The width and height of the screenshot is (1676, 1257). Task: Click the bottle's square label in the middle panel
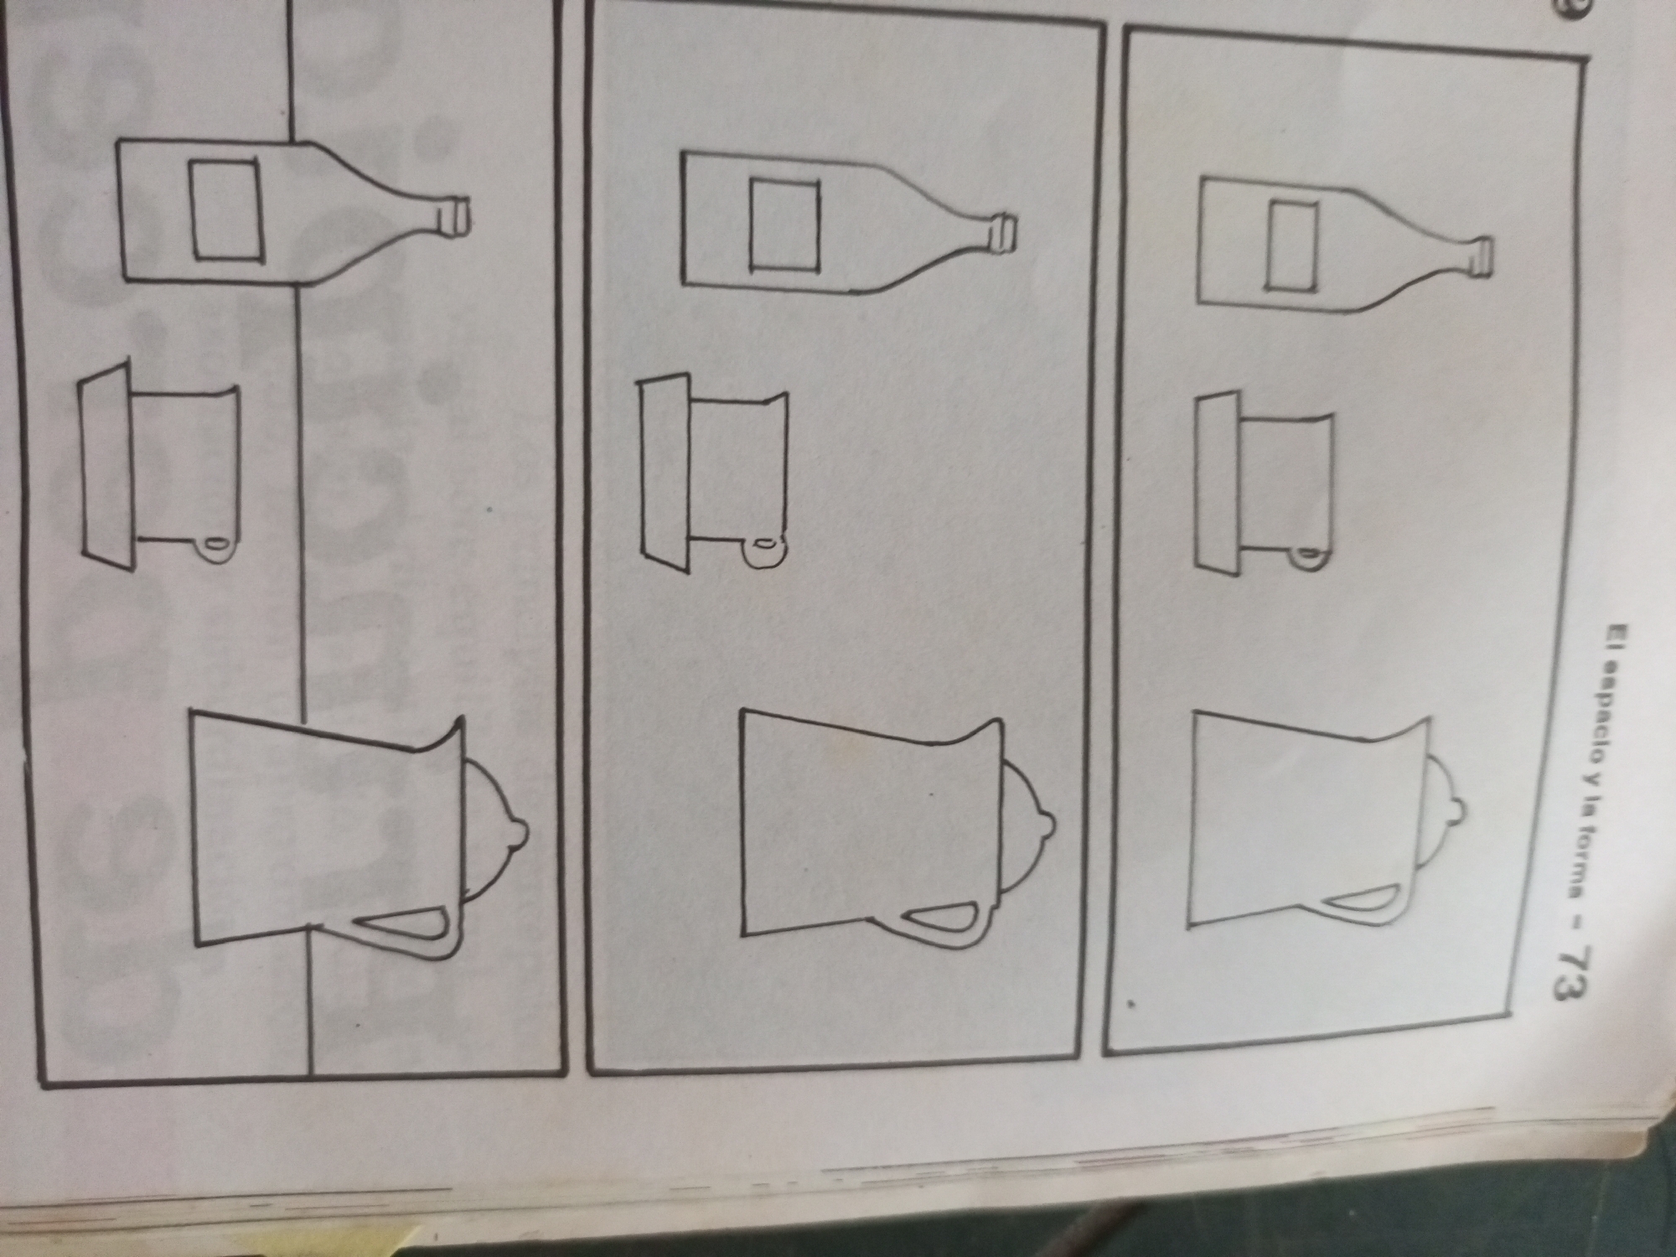coord(784,225)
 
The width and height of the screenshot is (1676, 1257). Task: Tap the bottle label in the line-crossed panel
coord(225,209)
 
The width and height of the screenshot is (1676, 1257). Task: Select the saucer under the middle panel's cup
coord(664,475)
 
